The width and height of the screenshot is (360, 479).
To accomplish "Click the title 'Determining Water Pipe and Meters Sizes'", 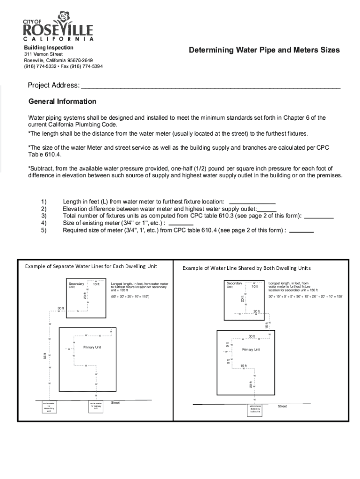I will click(264, 50).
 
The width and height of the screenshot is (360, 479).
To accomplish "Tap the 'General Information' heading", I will click(62, 102).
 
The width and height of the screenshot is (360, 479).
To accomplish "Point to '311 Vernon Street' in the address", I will click(43, 54).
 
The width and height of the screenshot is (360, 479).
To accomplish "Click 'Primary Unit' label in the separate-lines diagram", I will click(92, 348).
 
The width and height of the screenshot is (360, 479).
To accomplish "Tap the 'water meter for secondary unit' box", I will click(49, 406).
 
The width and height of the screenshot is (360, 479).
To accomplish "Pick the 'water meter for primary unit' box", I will click(96, 405).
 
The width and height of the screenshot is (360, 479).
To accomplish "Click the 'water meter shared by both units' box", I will click(255, 409).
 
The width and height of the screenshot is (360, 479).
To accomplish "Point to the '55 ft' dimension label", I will click(44, 356).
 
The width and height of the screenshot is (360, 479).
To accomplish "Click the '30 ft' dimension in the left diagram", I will click(61, 308).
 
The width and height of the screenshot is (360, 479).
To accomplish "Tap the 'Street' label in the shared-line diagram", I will click(282, 406).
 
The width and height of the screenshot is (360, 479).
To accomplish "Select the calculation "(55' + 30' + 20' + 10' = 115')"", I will click(130, 297).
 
